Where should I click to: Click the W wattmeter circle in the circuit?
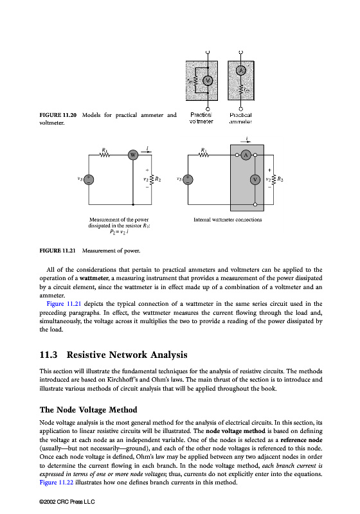(x=133, y=155)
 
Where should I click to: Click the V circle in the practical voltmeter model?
(x=208, y=80)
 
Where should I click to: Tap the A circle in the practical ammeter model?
(x=241, y=70)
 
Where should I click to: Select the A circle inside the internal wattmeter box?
(x=246, y=155)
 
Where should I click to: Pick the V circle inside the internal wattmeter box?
(x=255, y=179)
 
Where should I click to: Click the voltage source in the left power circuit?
(x=89, y=179)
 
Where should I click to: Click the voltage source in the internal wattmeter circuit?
(x=188, y=179)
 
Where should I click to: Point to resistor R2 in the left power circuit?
(x=152, y=179)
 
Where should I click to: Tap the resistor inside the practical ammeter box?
(x=241, y=89)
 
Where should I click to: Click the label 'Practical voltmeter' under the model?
(x=201, y=118)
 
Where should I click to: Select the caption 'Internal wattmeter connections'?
(x=228, y=220)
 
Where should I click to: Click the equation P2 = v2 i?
(x=119, y=232)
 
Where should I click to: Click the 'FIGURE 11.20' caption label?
(x=58, y=115)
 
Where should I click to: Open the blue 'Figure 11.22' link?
(x=57, y=483)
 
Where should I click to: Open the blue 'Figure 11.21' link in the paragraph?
(x=64, y=304)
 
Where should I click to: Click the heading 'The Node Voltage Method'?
(x=89, y=410)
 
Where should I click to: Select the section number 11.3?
(x=48, y=355)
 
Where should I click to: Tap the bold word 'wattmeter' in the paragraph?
(x=94, y=278)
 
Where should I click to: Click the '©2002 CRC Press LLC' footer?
(x=67, y=502)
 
